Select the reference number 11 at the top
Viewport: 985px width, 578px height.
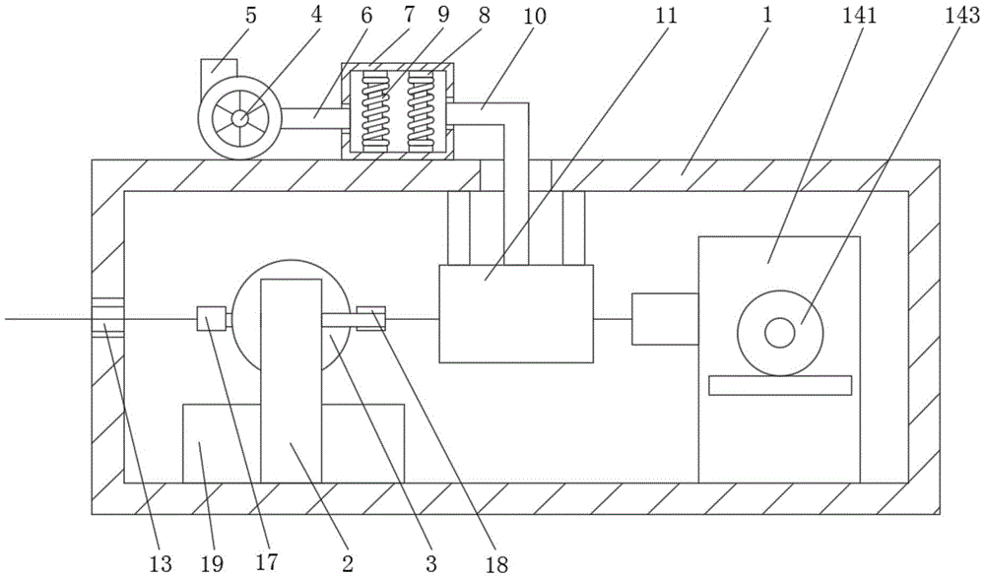[x=666, y=16]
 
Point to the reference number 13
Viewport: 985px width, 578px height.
[x=161, y=563]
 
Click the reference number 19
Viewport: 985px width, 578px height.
[x=213, y=563]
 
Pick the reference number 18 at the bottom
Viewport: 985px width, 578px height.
[x=496, y=564]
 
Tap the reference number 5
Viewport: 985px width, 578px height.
[x=250, y=16]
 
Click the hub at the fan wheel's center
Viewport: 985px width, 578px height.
[x=240, y=118]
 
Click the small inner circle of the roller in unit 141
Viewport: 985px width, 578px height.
[x=779, y=333]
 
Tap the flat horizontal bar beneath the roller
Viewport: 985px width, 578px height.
[x=780, y=385]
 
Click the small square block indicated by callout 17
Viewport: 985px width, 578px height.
[x=211, y=318]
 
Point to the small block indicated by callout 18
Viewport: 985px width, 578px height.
[x=370, y=318]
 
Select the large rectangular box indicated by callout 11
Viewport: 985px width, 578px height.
[x=516, y=313]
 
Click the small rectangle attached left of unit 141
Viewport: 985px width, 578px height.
[x=665, y=318]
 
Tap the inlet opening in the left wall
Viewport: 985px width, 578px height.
[x=107, y=317]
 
